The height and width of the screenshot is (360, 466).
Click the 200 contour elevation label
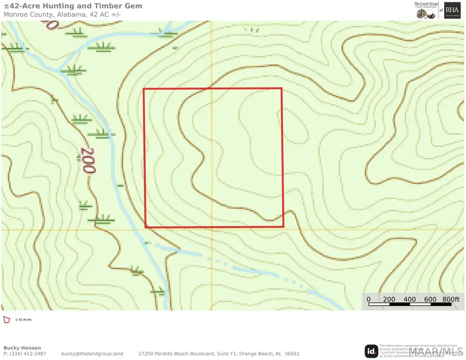click(x=87, y=161)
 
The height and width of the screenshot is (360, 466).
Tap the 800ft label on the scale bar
click(x=450, y=299)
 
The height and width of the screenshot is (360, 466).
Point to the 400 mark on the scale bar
click(x=410, y=299)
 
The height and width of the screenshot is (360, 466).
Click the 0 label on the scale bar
click(x=369, y=299)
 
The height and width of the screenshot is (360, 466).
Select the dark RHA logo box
click(x=452, y=11)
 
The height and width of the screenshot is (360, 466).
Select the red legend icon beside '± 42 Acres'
click(x=7, y=320)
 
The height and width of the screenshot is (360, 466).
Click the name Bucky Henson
click(x=22, y=348)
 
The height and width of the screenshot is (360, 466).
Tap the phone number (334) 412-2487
click(x=27, y=354)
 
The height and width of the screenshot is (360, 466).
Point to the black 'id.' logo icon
click(x=371, y=351)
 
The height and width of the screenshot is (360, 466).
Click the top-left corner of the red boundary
click(x=143, y=89)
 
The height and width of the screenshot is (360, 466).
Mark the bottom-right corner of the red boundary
click(x=283, y=227)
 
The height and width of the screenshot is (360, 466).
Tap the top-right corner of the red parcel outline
click(x=282, y=88)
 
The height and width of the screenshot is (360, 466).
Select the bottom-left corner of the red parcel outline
click(x=145, y=227)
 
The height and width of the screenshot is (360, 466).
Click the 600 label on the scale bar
click(x=430, y=299)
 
